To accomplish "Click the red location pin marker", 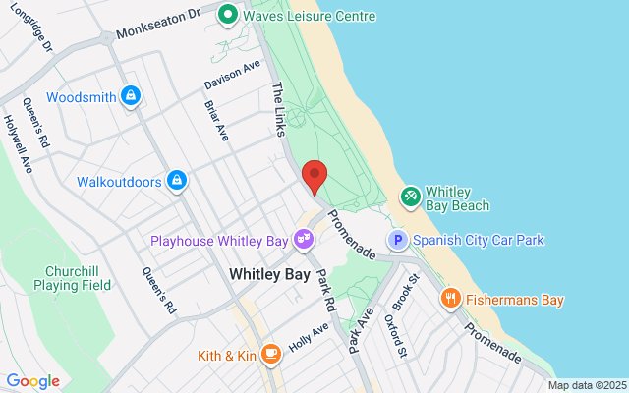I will (314, 176).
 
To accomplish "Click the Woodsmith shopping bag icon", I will (131, 96).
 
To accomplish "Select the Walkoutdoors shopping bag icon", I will (177, 181).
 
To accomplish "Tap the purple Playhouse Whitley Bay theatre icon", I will (305, 240).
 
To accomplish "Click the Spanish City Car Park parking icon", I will (398, 240).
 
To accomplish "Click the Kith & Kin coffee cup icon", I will (271, 355).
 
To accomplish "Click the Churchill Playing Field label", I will (78, 278).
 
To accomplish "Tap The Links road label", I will (279, 103).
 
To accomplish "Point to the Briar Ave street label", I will (215, 120).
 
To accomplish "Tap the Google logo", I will (32, 381).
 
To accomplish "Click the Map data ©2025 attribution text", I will (586, 385).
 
